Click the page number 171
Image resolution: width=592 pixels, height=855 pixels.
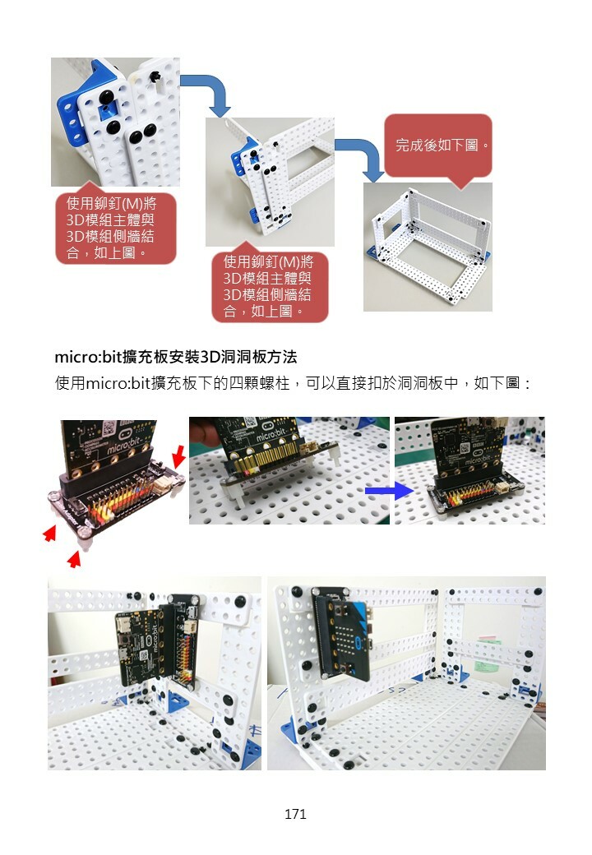pyautogui.click(x=295, y=814)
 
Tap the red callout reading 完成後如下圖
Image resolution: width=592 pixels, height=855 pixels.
pyautogui.click(x=439, y=146)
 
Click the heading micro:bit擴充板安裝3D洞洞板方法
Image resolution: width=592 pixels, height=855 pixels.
pyautogui.click(x=175, y=357)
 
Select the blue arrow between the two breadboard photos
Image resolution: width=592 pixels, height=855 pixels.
pyautogui.click(x=389, y=491)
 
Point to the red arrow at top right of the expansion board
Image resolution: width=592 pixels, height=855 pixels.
pyautogui.click(x=178, y=455)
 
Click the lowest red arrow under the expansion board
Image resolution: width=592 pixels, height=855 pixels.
pyautogui.click(x=74, y=559)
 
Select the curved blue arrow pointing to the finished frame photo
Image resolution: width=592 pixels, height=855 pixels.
pyautogui.click(x=362, y=156)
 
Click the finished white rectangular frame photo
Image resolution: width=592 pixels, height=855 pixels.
pyautogui.click(x=428, y=247)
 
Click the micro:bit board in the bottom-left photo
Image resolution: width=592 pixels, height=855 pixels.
pyautogui.click(x=138, y=646)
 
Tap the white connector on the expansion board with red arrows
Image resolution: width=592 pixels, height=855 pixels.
pyautogui.click(x=164, y=485)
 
